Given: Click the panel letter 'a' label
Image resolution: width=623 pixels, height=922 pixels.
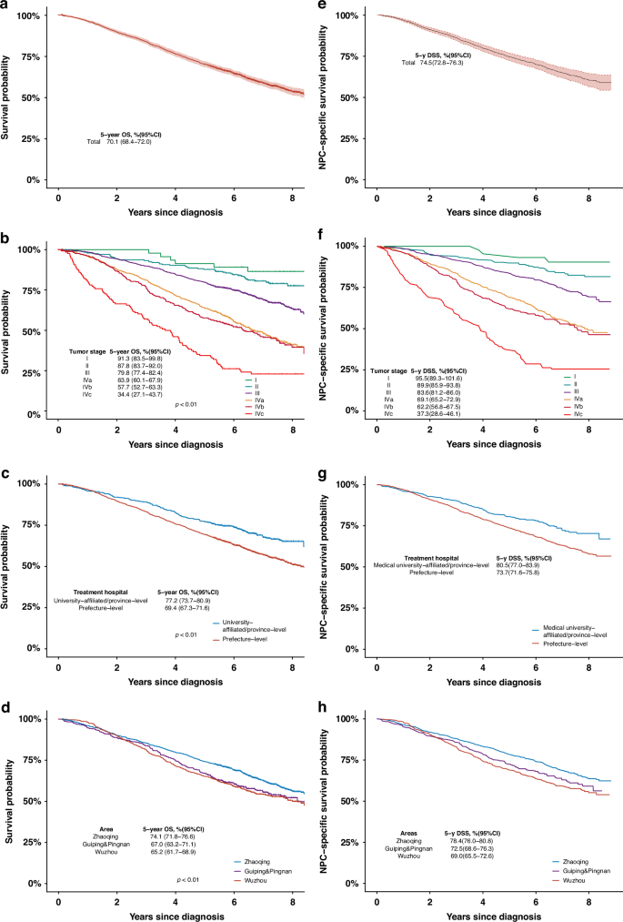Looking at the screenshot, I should click(x=6, y=6).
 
